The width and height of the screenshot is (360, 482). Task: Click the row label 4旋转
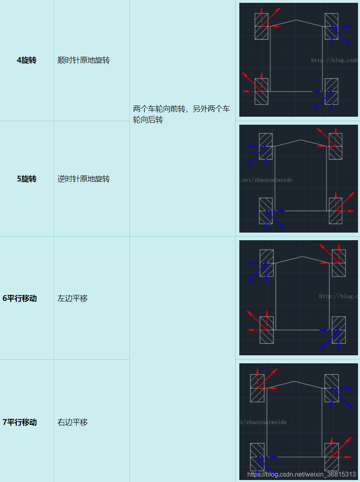[x=26, y=60]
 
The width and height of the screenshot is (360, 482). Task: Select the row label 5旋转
[x=26, y=179]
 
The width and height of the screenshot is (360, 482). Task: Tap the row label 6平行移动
[x=20, y=299]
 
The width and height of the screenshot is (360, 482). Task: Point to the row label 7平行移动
[x=20, y=422]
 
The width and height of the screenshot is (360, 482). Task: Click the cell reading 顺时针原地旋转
[x=84, y=60]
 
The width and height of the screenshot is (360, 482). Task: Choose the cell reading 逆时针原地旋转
[x=84, y=179]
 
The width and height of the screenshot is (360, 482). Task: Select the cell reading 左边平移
[x=72, y=299]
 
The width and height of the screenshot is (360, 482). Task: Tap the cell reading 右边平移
[x=72, y=422]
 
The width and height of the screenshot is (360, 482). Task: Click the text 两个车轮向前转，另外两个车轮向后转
[x=181, y=114]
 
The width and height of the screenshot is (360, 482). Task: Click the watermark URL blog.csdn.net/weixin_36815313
[x=301, y=474]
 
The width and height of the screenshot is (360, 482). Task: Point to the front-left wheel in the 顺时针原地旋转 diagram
[x=261, y=26]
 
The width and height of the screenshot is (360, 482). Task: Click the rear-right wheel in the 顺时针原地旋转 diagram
[x=331, y=92]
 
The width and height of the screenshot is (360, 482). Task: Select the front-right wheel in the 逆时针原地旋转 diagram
[x=335, y=146]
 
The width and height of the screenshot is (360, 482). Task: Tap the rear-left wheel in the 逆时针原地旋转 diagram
[x=266, y=211]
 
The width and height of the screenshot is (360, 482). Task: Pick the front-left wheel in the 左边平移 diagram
[x=267, y=263]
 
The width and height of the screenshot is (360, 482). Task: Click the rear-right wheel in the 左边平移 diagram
[x=338, y=330]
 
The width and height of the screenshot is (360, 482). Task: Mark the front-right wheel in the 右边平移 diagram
[x=331, y=388]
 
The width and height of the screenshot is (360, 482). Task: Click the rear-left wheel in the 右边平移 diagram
[x=257, y=457]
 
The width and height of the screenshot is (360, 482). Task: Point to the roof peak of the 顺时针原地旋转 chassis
[x=296, y=20]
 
